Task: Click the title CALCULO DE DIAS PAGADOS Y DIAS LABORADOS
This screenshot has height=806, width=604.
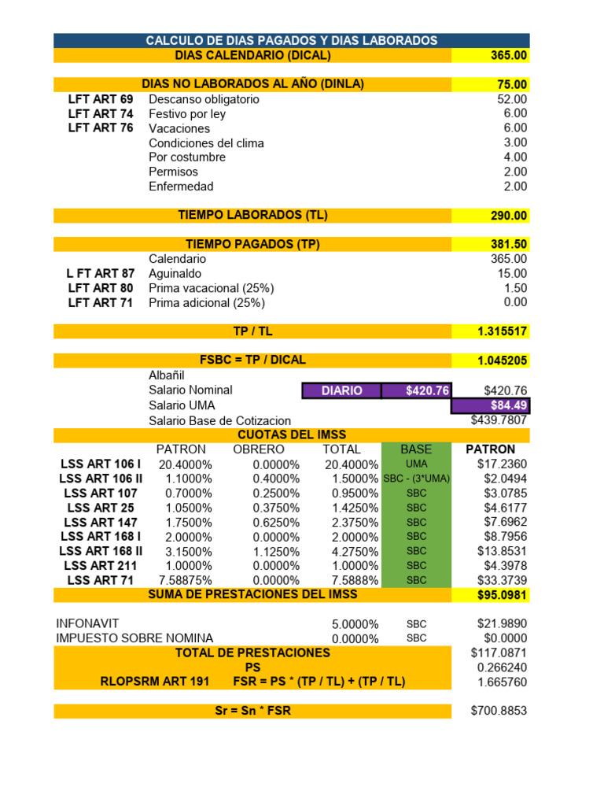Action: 292,40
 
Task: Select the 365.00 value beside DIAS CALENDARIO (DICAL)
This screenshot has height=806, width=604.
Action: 509,55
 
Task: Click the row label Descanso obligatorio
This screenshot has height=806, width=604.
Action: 204,99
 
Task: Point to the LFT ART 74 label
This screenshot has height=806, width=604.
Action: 101,113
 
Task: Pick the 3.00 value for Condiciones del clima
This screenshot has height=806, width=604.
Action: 515,142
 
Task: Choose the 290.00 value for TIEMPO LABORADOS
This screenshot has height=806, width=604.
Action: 509,216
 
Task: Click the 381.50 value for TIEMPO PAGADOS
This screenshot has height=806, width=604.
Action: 509,244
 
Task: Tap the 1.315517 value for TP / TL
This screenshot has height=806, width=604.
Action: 503,331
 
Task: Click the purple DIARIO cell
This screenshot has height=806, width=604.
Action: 341,390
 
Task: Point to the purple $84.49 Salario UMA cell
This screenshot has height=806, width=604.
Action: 491,406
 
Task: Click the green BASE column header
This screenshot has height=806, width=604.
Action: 416,449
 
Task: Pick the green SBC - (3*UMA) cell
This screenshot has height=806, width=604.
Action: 416,479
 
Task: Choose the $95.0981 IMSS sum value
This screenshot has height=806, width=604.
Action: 503,595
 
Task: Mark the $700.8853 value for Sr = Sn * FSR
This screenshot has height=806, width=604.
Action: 499,711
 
